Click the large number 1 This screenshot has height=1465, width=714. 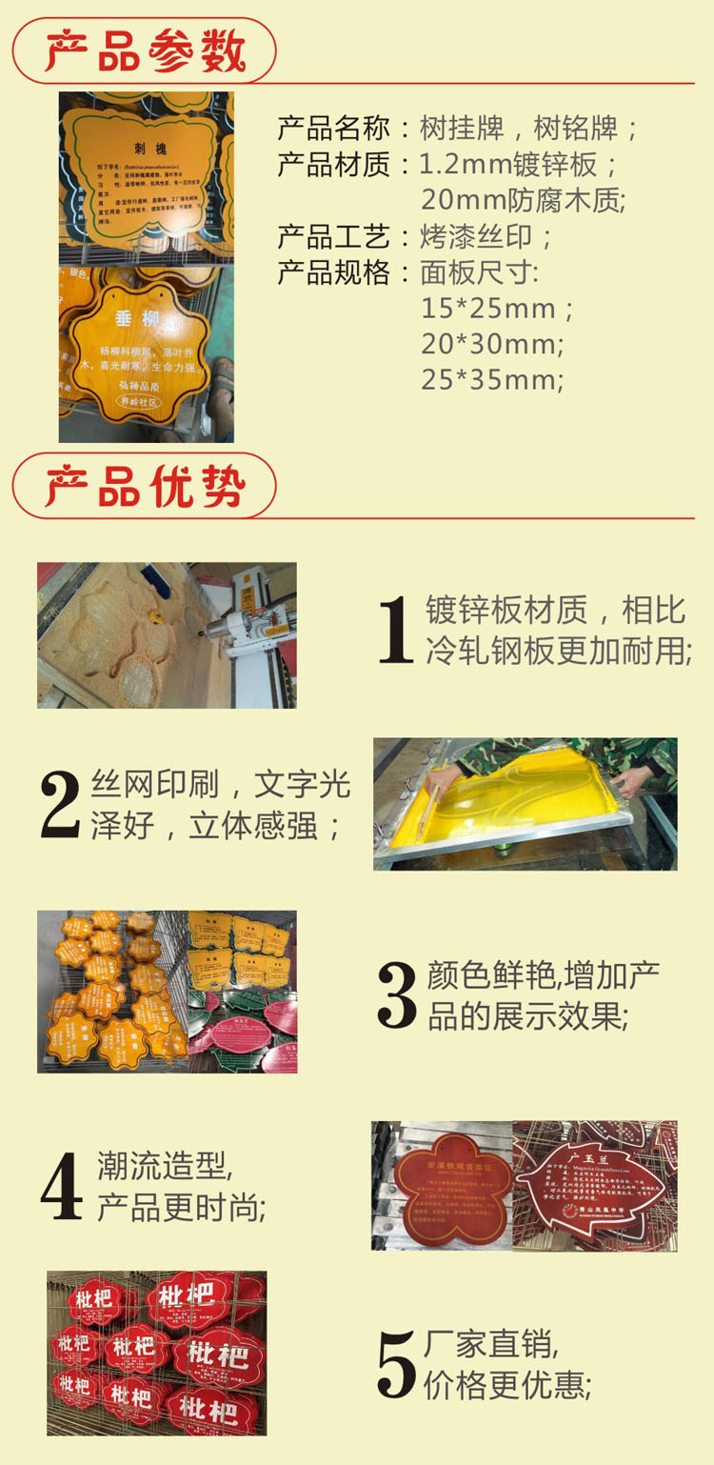click(x=394, y=630)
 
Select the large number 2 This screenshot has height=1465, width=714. click(x=61, y=806)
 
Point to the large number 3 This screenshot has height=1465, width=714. click(x=397, y=995)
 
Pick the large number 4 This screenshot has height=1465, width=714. click(x=62, y=1187)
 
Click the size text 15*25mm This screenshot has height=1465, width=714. click(x=497, y=309)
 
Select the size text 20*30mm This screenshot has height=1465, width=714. click(x=492, y=344)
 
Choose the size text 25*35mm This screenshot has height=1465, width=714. click(x=492, y=379)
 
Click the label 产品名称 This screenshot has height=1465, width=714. click(x=333, y=128)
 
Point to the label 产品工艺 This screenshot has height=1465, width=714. click(x=333, y=236)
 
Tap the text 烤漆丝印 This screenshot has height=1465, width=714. click(x=486, y=236)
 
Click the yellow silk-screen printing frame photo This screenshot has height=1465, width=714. click(x=525, y=803)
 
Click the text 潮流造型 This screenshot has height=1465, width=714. click(x=164, y=1165)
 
